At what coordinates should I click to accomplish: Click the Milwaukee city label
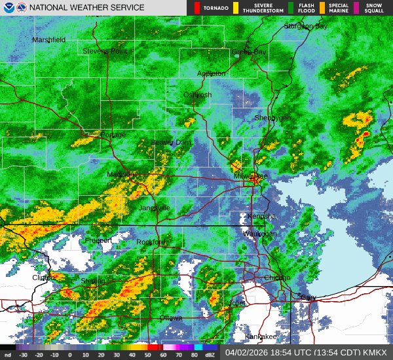coord(252,177)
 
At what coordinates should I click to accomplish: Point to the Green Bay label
coord(250,52)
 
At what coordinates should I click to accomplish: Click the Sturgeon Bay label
coord(305,26)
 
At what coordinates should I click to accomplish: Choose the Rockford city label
coord(151,242)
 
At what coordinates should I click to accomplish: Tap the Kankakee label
coord(261,336)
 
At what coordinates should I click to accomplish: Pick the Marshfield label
coord(49,40)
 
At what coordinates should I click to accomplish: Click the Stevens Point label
coord(105,51)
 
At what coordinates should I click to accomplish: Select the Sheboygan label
coord(272,118)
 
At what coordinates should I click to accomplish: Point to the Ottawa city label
coord(171,318)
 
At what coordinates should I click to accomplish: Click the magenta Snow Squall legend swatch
coord(357,8)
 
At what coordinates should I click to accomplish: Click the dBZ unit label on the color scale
coord(211,355)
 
